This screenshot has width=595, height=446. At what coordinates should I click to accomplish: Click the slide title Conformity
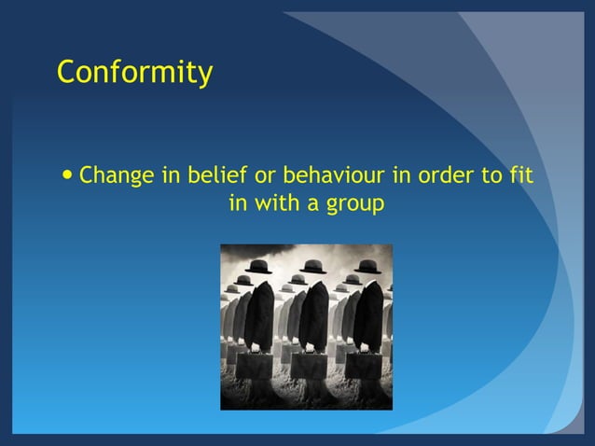pyautogui.click(x=134, y=72)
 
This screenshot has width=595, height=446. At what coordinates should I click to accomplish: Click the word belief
pyautogui.click(x=213, y=174)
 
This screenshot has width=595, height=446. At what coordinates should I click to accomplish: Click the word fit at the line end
pyautogui.click(x=520, y=174)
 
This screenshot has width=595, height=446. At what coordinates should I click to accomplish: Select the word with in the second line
pyautogui.click(x=278, y=202)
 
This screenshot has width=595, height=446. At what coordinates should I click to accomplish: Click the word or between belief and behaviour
pyautogui.click(x=264, y=174)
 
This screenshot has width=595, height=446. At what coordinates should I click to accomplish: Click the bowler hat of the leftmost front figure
pyautogui.click(x=258, y=267)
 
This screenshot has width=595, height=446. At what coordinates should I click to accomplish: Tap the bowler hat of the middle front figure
pyautogui.click(x=312, y=267)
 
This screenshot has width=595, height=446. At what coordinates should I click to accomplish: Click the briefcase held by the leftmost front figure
pyautogui.click(x=254, y=365)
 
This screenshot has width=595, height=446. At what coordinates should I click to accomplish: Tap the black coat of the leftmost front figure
pyautogui.click(x=258, y=313)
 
